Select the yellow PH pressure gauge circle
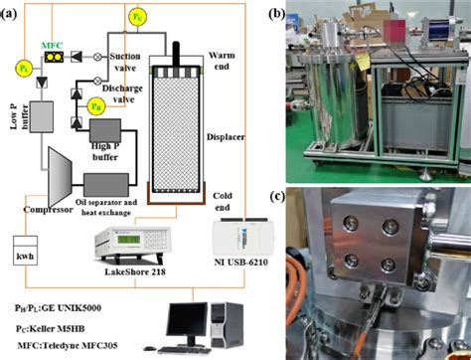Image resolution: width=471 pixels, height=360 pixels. point(95,102)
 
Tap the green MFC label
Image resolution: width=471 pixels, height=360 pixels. point(51,44)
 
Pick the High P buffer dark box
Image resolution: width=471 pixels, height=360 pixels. point(102,132)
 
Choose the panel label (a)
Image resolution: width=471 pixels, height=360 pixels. point(14,12)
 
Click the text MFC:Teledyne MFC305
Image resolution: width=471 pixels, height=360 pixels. point(68,343)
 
